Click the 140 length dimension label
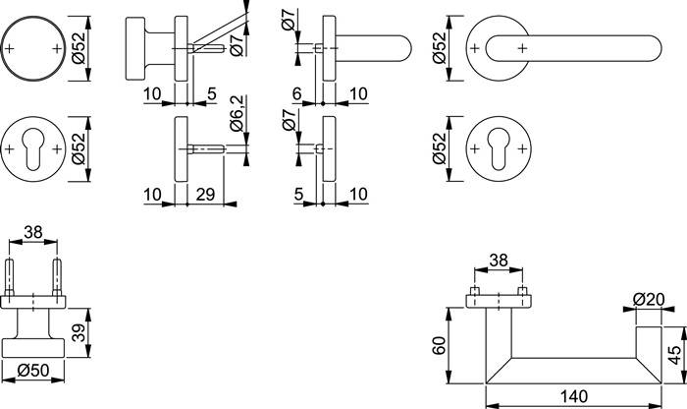pos(574,396)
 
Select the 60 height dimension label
pos(439,345)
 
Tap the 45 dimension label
pos(676,355)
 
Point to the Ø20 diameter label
pos(649,299)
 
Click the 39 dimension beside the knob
pos(79,332)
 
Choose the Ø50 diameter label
pos(33,371)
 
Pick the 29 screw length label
pos(205,194)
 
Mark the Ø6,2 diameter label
pos(238,114)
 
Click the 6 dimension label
pos(297,93)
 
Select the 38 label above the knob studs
pos(33,232)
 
